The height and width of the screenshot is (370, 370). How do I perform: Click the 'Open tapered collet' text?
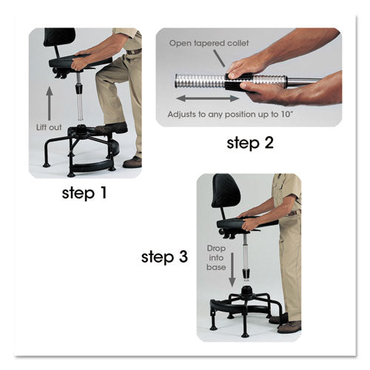(209, 45)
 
